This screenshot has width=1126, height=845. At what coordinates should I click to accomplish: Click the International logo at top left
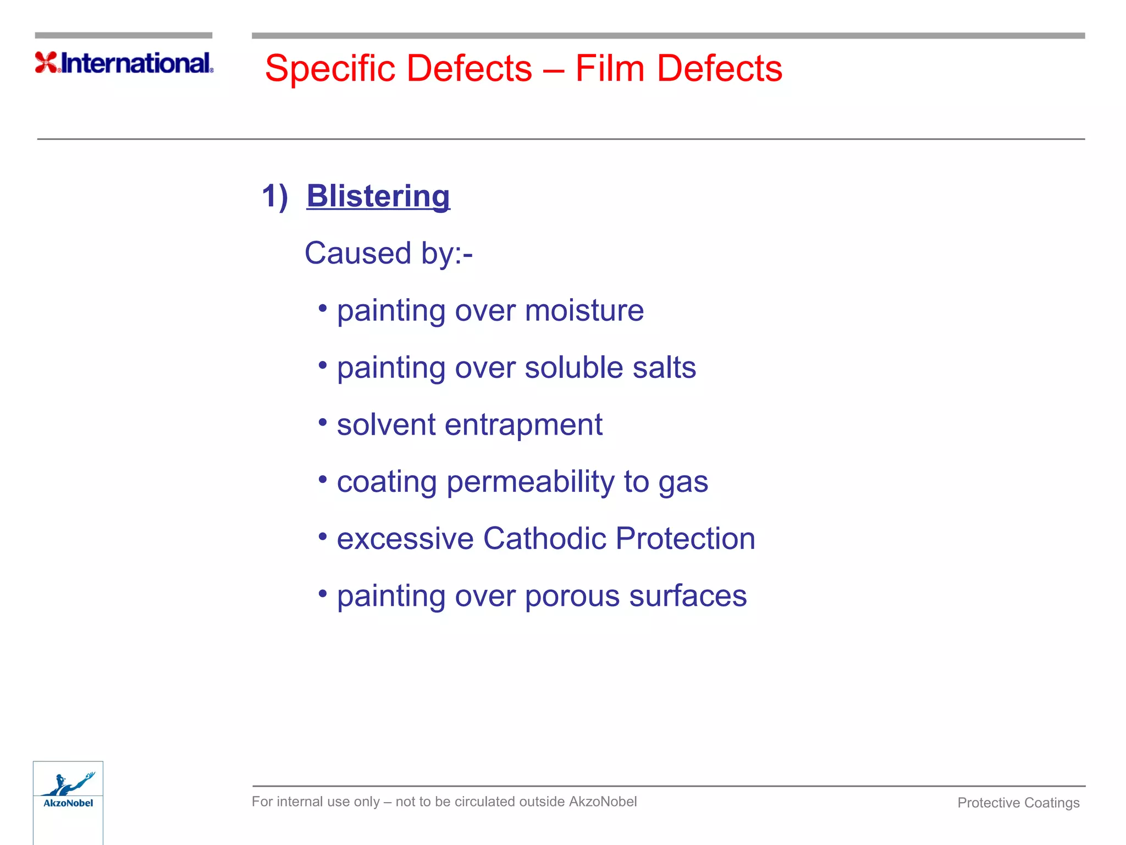(124, 63)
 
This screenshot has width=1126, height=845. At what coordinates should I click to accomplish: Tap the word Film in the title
(609, 69)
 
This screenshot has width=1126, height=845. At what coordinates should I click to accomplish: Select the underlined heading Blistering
(378, 196)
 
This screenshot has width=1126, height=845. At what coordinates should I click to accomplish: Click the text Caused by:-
(388, 254)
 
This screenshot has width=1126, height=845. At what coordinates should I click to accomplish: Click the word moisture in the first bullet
(584, 310)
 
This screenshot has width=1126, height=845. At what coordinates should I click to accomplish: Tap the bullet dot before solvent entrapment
(323, 422)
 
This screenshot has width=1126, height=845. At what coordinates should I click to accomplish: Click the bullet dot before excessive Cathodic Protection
(323, 536)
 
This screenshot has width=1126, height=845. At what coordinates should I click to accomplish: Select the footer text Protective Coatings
(1018, 803)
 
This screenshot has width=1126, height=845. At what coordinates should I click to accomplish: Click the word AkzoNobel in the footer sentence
(603, 802)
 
